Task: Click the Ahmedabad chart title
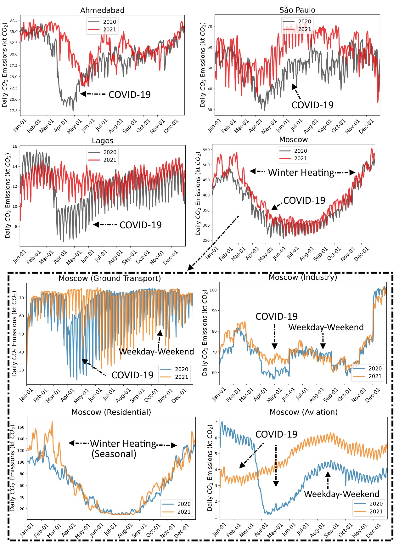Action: click(102, 10)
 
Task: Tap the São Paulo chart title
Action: click(297, 10)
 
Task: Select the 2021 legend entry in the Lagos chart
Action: click(110, 160)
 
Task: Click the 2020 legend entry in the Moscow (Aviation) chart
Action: click(376, 504)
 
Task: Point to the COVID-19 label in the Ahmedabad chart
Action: click(129, 95)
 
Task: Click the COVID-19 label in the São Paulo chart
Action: click(312, 105)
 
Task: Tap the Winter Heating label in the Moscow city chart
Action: click(301, 172)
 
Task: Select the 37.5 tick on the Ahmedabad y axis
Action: click(14, 20)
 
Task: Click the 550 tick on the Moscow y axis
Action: click(206, 150)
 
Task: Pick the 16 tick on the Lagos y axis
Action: click(15, 146)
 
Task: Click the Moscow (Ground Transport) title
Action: click(110, 279)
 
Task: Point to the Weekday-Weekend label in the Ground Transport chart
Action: click(156, 352)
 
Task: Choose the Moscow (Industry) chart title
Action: click(303, 277)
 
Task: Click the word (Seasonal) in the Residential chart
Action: click(114, 454)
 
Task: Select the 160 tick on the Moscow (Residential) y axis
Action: click(21, 427)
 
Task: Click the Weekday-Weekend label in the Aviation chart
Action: click(341, 494)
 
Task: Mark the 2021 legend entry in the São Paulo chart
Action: click(304, 29)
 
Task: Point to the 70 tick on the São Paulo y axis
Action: click(210, 26)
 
